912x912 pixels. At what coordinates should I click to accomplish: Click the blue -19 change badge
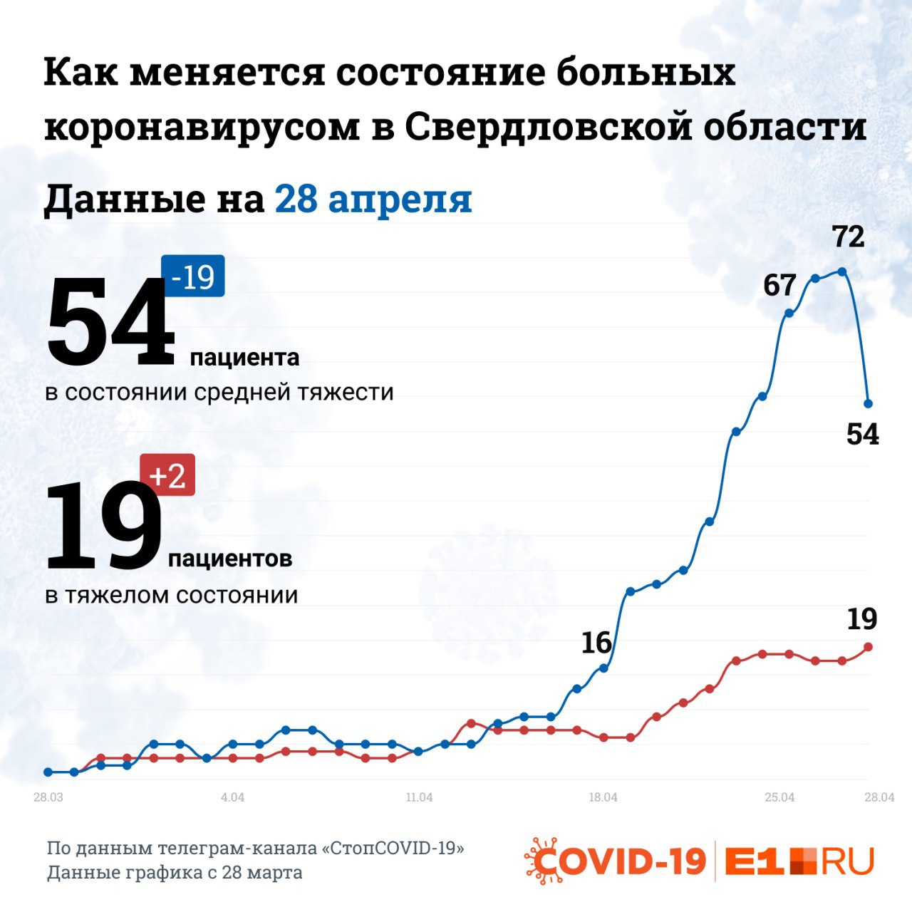(193, 276)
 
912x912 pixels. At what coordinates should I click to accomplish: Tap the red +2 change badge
(167, 475)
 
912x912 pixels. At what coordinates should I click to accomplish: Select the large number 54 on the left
(110, 322)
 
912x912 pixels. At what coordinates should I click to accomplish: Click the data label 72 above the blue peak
(849, 237)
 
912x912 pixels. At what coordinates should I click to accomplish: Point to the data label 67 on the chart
(779, 286)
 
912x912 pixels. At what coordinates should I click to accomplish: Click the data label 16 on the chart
(596, 643)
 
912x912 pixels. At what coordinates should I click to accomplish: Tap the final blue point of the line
(868, 403)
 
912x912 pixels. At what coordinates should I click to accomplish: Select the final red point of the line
(868, 647)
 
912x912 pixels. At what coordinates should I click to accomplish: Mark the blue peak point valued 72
(842, 271)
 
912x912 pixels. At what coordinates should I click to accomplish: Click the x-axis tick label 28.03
(48, 797)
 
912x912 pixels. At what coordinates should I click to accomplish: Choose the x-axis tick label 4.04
(232, 797)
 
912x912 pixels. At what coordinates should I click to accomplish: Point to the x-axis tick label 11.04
(419, 797)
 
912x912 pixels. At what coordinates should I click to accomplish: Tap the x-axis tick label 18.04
(603, 797)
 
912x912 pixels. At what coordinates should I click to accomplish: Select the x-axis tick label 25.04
(779, 797)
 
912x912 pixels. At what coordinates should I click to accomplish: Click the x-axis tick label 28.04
(879, 797)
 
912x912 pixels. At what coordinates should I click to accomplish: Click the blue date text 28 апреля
(373, 199)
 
